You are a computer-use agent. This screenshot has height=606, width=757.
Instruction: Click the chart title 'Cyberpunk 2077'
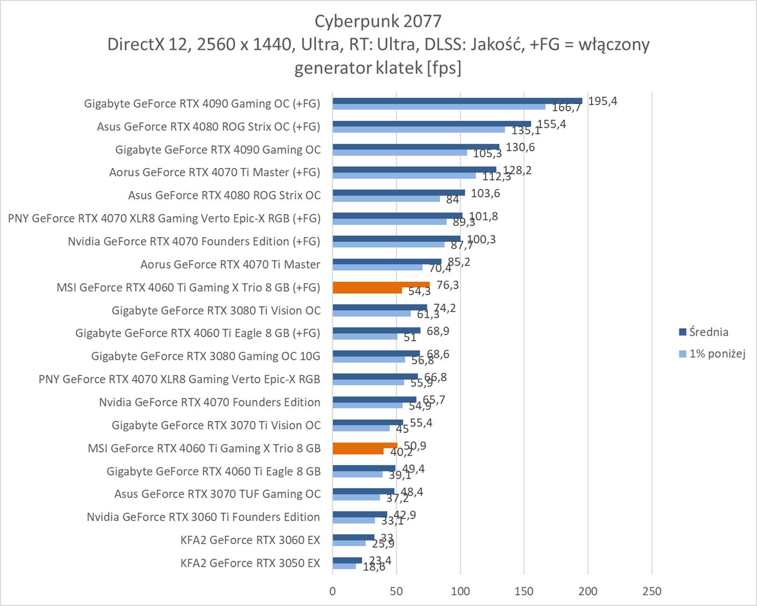pos(378,21)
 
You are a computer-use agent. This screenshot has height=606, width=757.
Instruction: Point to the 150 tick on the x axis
pos(524,591)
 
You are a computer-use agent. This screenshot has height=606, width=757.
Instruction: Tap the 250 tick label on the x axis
pos(651,591)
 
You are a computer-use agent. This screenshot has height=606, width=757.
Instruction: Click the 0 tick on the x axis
pos(332,591)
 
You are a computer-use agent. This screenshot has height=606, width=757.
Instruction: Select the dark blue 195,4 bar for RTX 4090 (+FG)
pos(457,101)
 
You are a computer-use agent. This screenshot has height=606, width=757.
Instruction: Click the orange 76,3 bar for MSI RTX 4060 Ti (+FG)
pos(381,285)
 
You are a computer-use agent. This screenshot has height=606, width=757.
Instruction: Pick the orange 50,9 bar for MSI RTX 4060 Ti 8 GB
pos(365,445)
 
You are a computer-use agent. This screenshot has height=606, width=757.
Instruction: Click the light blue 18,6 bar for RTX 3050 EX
pos(345,566)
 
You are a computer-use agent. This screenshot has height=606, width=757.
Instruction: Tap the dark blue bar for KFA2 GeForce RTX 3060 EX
pos(353,537)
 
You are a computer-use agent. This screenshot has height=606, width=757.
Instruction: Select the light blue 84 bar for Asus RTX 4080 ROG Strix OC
pos(386,199)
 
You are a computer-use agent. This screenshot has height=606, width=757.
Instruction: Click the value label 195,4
pos(602,101)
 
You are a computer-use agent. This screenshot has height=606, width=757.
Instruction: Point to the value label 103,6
pos(485,193)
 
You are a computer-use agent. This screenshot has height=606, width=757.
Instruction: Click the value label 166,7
pos(566,108)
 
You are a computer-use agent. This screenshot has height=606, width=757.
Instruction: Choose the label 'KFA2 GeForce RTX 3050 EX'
pos(250,563)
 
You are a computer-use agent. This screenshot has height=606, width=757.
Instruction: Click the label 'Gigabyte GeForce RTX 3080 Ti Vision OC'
pos(216,310)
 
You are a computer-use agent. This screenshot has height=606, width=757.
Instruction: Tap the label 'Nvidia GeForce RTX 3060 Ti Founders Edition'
pos(204,517)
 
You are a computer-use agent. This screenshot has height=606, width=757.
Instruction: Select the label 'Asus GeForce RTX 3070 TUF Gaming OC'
pos(218,494)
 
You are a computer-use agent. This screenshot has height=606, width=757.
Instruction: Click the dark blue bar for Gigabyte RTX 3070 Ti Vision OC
pos(368,422)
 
